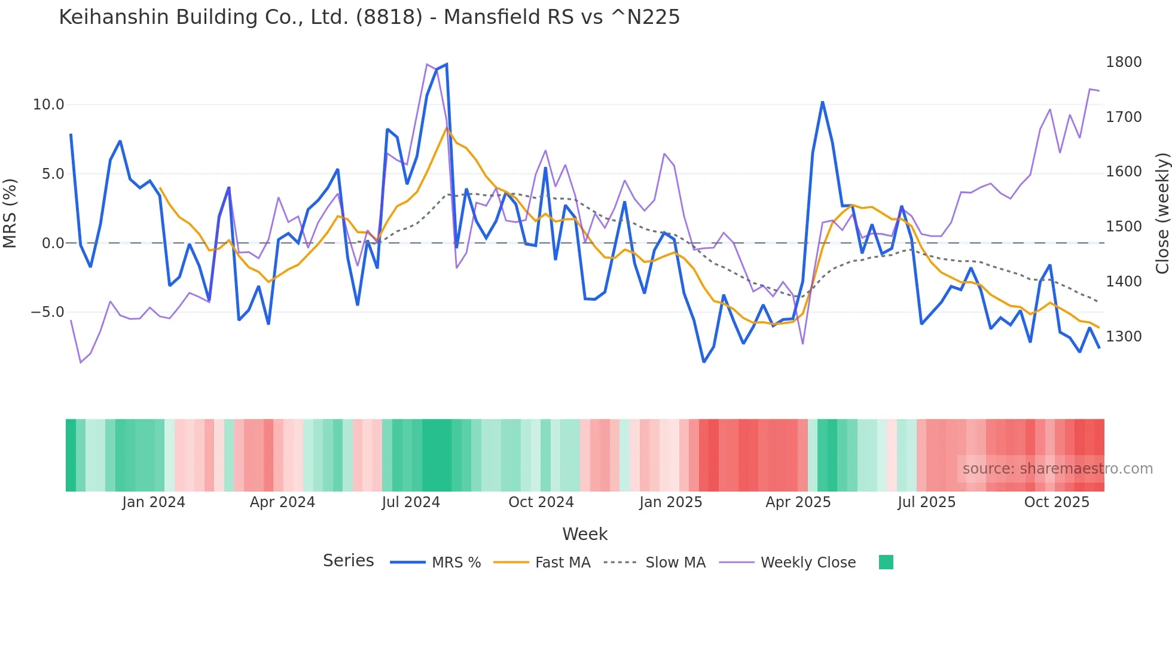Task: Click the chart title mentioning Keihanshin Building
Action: (369, 17)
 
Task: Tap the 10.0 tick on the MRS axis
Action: (48, 105)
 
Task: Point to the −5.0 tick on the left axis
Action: (47, 312)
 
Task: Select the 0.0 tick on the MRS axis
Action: (53, 243)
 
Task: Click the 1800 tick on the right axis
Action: (1124, 62)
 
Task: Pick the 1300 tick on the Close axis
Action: (1124, 337)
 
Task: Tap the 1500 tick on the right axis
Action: (1124, 227)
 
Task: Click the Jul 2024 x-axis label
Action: (411, 502)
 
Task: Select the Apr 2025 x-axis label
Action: (798, 502)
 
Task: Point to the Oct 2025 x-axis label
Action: (1057, 502)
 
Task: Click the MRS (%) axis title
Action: (10, 213)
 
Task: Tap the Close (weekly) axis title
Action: (1162, 213)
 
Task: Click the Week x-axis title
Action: (585, 534)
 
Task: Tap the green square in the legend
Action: (886, 562)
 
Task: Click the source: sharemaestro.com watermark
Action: (1057, 469)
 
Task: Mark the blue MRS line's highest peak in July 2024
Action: (446, 65)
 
